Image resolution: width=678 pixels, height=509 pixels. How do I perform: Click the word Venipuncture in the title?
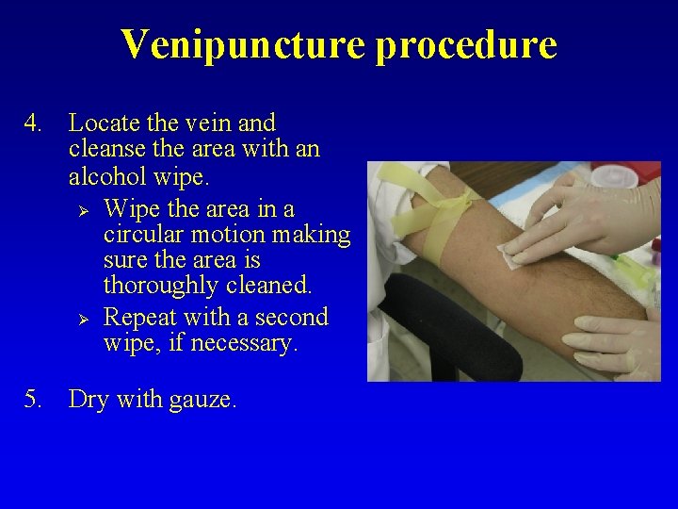pos(243,44)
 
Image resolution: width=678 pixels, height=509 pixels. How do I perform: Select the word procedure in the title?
pos(466,44)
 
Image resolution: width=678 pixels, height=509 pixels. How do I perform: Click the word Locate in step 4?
pos(105,123)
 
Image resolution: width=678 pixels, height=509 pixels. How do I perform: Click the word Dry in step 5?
pos(89,400)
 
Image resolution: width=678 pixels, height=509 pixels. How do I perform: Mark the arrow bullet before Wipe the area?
pos(81,207)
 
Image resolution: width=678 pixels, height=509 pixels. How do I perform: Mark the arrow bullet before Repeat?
pos(81,318)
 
